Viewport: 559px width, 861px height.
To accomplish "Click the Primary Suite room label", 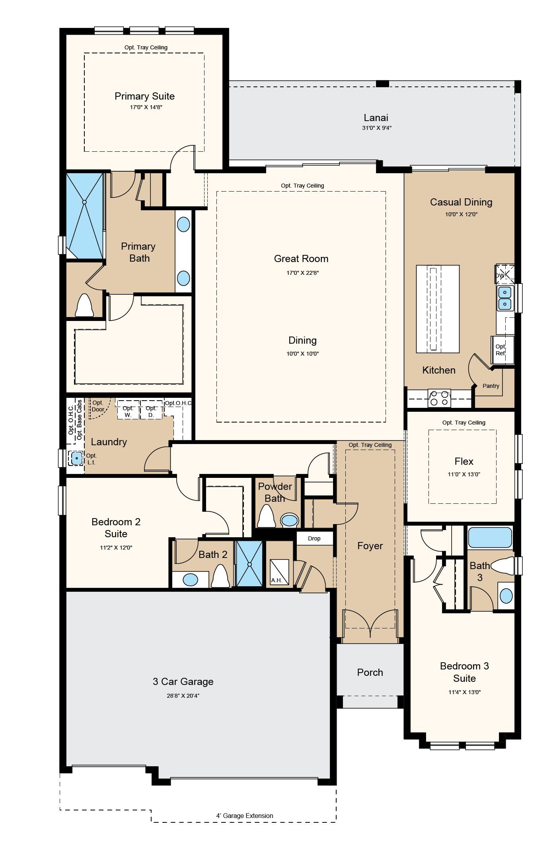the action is click(x=144, y=96).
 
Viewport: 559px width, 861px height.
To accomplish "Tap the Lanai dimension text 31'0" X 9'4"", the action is click(x=377, y=128).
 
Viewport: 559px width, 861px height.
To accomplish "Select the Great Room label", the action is click(x=301, y=259).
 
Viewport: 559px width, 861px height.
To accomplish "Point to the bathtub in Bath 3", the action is click(x=490, y=538).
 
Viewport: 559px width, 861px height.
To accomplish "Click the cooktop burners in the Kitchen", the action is click(x=439, y=398).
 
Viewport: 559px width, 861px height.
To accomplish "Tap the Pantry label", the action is click(x=491, y=386).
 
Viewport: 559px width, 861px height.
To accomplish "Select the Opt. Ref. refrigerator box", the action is click(x=502, y=350).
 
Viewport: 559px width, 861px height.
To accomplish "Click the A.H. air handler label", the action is click(x=277, y=581).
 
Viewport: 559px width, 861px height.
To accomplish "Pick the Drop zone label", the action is click(x=314, y=538).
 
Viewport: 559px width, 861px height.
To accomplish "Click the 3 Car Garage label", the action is click(x=183, y=682).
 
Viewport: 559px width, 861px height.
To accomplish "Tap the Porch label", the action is click(x=370, y=673).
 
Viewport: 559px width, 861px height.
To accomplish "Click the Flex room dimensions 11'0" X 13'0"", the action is click(x=464, y=474).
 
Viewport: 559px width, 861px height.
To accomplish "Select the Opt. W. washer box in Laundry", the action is click(x=128, y=410).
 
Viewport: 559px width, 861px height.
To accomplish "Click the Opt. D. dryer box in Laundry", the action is click(x=151, y=410).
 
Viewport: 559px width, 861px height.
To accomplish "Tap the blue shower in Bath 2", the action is click(x=249, y=564).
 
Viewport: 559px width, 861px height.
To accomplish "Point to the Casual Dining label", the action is click(x=461, y=202).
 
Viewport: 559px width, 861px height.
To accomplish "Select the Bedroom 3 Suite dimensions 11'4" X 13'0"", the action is click(x=464, y=692).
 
